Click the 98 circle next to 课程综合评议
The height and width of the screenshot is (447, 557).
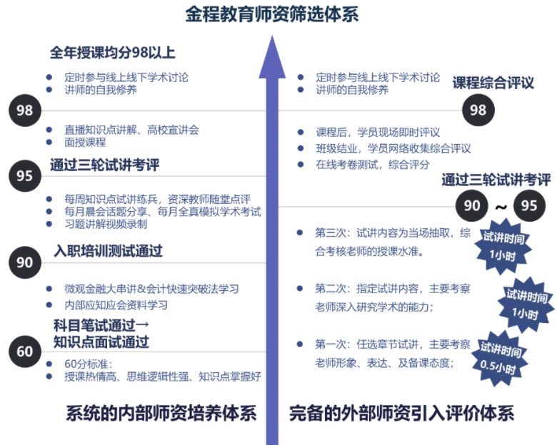click(x=478, y=110)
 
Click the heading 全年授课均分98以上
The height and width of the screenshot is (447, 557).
click(x=113, y=53)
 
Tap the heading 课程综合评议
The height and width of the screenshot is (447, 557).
click(x=493, y=83)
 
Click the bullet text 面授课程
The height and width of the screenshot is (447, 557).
click(x=85, y=142)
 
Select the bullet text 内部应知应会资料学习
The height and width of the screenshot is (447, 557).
click(x=116, y=304)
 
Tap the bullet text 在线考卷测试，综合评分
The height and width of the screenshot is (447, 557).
click(x=372, y=164)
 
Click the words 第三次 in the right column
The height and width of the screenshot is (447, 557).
click(x=331, y=232)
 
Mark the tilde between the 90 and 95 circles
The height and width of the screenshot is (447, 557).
click(x=501, y=207)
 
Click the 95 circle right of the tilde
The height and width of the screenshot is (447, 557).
click(x=529, y=206)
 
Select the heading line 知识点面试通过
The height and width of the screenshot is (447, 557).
click(x=101, y=341)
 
